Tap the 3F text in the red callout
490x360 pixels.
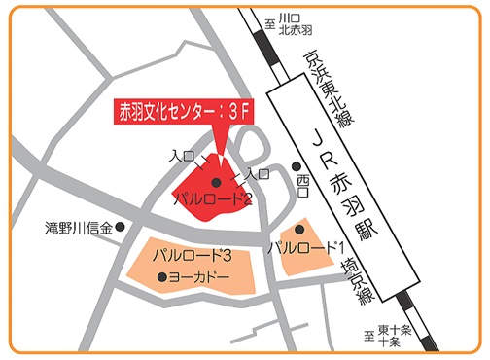click(238, 113)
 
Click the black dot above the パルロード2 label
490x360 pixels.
click(216, 181)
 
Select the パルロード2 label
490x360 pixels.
click(213, 199)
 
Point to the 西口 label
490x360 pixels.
click(301, 181)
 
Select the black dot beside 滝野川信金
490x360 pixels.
click(121, 228)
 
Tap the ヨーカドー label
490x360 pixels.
click(199, 278)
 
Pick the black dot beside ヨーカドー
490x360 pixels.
click(162, 278)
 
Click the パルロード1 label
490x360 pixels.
click(309, 247)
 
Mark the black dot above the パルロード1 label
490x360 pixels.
click(299, 230)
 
